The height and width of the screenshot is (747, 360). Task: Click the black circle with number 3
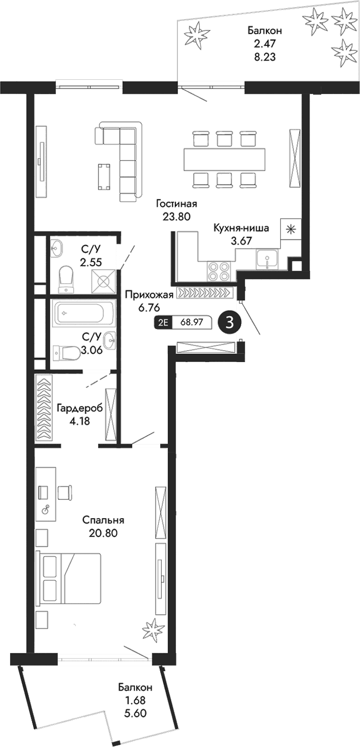coord(229,323)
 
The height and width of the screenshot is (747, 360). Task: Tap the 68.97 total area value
coord(192,323)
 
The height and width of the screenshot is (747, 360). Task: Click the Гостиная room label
coord(176,204)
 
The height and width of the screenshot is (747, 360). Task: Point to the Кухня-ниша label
coord(241,228)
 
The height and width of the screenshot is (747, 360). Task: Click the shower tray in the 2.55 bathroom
coord(104,280)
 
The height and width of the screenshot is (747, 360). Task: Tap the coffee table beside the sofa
coord(104,175)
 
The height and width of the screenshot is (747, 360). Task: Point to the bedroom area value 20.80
coord(103,533)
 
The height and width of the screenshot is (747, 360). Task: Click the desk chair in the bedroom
coord(65,492)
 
